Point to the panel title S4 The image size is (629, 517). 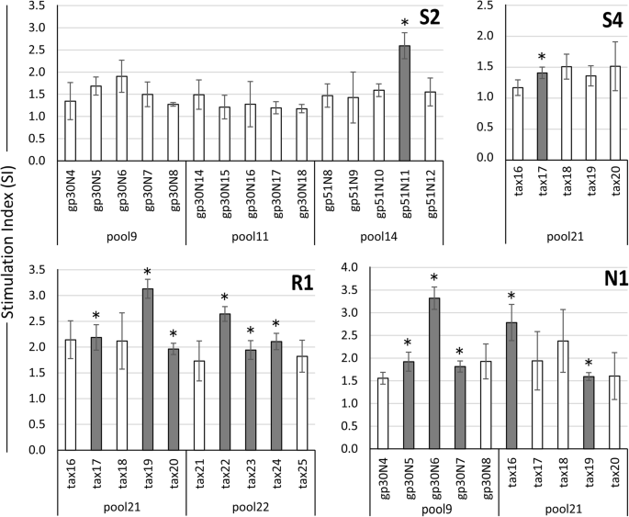(x=601, y=18)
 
